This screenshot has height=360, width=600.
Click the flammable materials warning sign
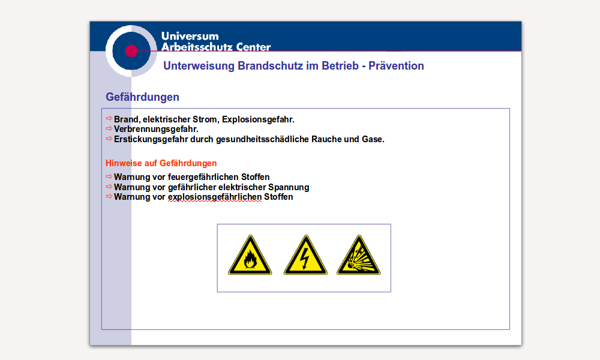coord(250,255)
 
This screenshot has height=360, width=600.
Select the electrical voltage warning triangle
coord(305,255)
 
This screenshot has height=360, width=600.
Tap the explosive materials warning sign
coord(359,255)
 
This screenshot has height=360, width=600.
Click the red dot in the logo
coord(131,51)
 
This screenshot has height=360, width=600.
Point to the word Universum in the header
coord(190,36)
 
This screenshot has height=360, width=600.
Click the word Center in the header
coord(253,47)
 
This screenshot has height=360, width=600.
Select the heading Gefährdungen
coord(142,97)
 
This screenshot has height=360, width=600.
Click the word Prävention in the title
coord(396,66)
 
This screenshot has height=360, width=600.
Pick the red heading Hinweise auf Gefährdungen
coord(161,163)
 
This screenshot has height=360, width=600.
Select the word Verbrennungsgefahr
coord(156,130)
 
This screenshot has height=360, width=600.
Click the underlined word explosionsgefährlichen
coord(215,197)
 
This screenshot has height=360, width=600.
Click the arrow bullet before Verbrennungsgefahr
coord(109,128)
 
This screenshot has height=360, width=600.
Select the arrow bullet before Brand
coord(109,119)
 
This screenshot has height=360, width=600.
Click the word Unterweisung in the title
coord(199,66)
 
